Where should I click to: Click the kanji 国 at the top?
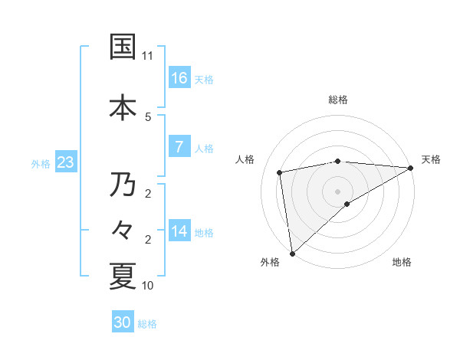tap(123, 47)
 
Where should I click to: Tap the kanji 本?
tap(123, 107)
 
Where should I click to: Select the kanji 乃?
tap(123, 185)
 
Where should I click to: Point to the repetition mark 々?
tap(123, 230)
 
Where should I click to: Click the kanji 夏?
tap(123, 277)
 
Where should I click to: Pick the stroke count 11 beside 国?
tap(148, 56)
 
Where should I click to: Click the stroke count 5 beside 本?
tap(148, 116)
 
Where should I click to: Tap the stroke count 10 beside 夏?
tap(148, 286)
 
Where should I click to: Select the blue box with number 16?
tap(179, 78)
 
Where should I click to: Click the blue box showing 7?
tap(179, 147)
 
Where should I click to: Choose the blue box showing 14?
tap(179, 231)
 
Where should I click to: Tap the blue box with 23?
tap(64, 162)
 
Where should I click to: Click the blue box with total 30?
tap(123, 322)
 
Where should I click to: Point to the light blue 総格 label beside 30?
tap(147, 324)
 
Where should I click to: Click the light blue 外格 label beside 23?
tap(41, 163)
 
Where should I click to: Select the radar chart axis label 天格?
tap(431, 159)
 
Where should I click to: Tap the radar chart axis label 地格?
tap(402, 263)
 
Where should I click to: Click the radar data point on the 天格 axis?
tap(411, 167)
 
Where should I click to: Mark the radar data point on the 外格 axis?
tap(292, 253)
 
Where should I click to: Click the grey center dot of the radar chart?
tap(337, 191)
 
